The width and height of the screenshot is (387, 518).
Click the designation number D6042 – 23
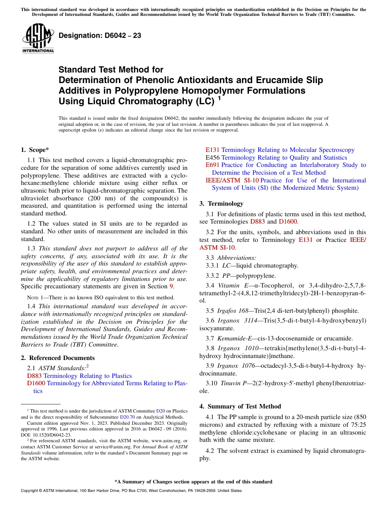click(100, 35)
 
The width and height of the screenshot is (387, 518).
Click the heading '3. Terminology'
click(221, 204)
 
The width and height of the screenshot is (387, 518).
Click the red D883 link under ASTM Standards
click(34, 376)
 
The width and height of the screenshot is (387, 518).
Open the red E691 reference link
click(213, 165)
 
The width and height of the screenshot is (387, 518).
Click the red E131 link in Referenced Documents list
click(213, 150)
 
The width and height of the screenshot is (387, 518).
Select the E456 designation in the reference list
click(213, 158)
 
